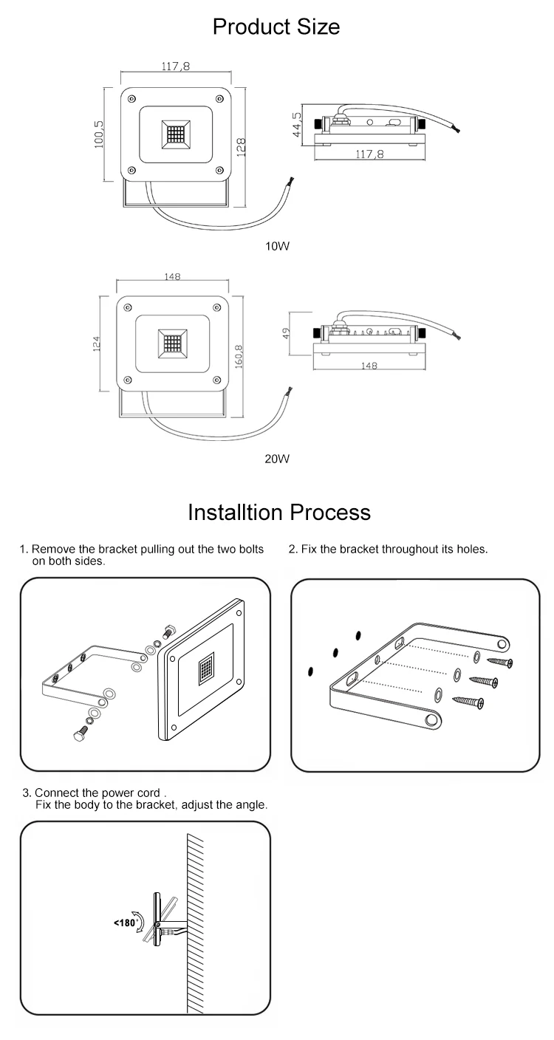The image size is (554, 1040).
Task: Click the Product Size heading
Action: [276, 27]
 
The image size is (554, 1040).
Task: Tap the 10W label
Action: [277, 246]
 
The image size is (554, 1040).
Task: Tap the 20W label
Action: [277, 459]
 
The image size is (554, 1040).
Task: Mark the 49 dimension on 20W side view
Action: [287, 332]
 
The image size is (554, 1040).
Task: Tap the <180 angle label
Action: [124, 923]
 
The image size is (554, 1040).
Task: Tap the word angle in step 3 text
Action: [248, 805]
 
